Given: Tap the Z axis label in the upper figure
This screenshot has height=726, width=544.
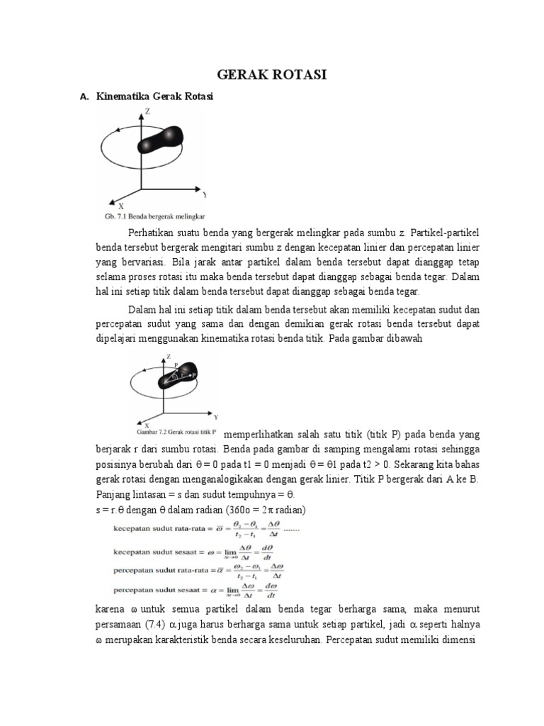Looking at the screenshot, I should click(x=147, y=111).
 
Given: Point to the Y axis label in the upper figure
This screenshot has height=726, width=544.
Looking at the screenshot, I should click(x=204, y=194).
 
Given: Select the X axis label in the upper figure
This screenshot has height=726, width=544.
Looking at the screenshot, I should click(x=121, y=205).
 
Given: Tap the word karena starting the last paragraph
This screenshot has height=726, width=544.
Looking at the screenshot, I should click(x=110, y=609).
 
